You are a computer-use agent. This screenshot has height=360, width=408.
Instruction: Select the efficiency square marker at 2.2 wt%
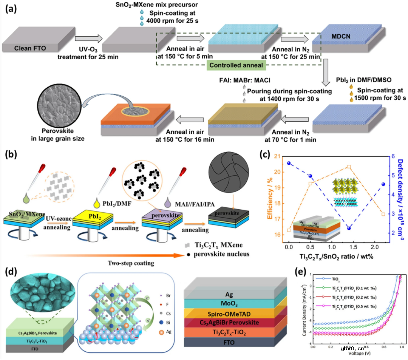(x=383, y=214)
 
